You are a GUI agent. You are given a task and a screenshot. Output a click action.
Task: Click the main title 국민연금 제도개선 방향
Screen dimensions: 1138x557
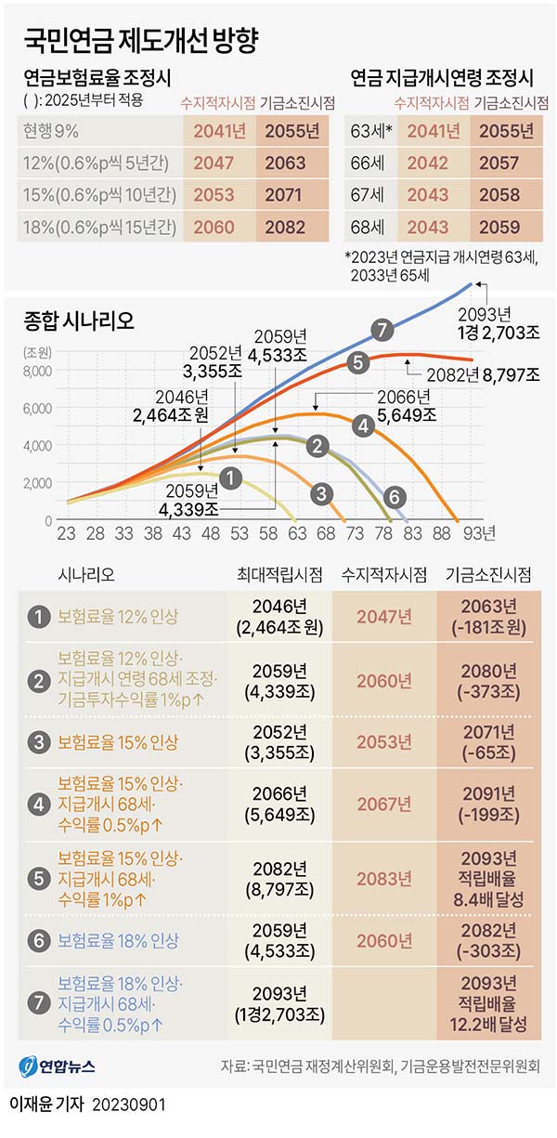click(139, 40)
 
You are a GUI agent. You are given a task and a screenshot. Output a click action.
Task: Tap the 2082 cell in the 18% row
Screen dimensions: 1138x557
click(285, 225)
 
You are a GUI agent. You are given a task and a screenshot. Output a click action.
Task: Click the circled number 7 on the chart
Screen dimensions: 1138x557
click(379, 329)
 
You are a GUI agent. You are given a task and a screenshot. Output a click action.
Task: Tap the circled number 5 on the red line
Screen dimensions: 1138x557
click(357, 363)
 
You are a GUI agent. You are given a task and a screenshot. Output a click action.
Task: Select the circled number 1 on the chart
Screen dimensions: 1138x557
click(232, 478)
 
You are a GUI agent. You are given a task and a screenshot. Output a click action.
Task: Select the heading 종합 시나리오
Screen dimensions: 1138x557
click(78, 321)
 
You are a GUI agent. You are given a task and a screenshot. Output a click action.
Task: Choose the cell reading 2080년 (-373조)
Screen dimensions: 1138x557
click(490, 681)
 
